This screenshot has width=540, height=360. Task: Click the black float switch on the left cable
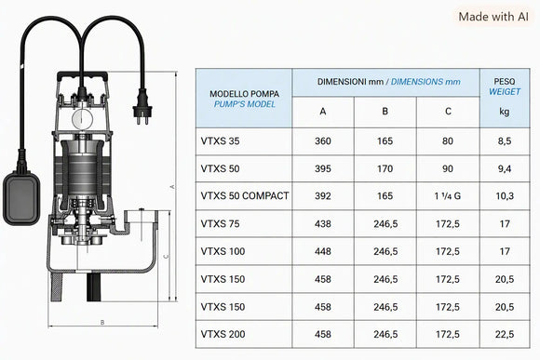(21, 198)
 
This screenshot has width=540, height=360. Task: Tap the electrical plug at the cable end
(142, 106)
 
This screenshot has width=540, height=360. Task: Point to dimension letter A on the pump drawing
(173, 187)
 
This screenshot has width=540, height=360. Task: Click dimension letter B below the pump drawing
(102, 323)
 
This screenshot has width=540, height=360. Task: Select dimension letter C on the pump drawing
(167, 256)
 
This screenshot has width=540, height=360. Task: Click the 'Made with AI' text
(493, 17)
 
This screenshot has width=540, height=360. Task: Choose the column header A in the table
(323, 112)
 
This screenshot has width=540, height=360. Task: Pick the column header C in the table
(448, 112)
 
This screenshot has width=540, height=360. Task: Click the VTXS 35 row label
(220, 141)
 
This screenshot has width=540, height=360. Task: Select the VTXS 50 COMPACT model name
(245, 196)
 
